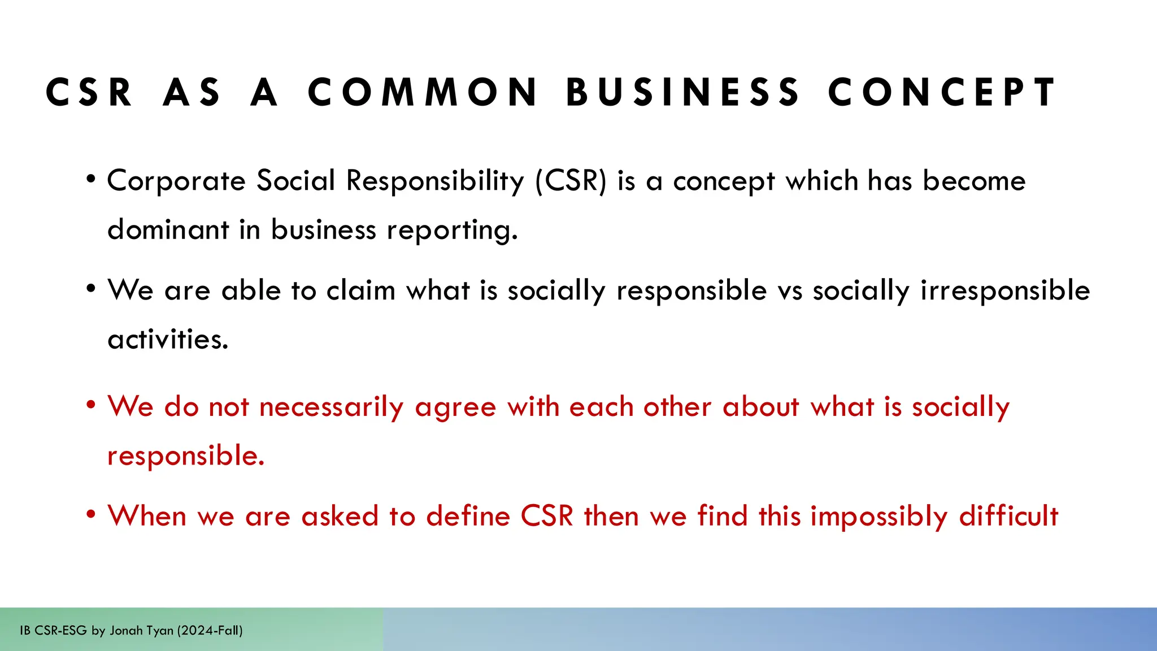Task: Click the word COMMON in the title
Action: (x=423, y=92)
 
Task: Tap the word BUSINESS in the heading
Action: (x=683, y=92)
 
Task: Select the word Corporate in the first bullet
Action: (x=176, y=181)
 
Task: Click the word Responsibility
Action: (x=435, y=181)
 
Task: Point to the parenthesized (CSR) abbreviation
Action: (x=571, y=181)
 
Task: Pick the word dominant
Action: (x=168, y=230)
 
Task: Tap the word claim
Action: (x=360, y=290)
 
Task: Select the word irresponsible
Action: (x=1005, y=290)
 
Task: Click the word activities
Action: (x=168, y=339)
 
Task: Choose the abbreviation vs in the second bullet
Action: (x=790, y=292)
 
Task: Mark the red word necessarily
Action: (x=331, y=407)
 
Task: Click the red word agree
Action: (x=455, y=408)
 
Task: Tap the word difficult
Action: (x=1008, y=516)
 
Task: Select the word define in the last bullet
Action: (x=468, y=516)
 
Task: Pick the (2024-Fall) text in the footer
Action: (x=210, y=631)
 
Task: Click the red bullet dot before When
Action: (x=90, y=515)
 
